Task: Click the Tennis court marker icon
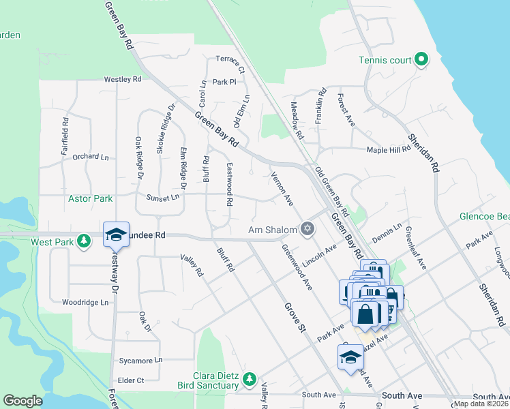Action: coord(421,60)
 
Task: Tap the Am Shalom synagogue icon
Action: coord(308,228)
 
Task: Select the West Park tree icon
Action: coord(84,241)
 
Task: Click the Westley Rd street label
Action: coord(123,79)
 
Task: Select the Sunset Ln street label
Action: coord(162,197)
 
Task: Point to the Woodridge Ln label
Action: coord(85,302)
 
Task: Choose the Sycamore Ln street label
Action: coord(140,359)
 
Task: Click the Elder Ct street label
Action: coord(131,380)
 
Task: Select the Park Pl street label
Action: coord(224,82)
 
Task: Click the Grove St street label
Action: coord(294,313)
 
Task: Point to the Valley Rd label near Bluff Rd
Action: coord(192,265)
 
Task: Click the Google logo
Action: coord(22,401)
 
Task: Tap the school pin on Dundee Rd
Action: coord(116,234)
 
